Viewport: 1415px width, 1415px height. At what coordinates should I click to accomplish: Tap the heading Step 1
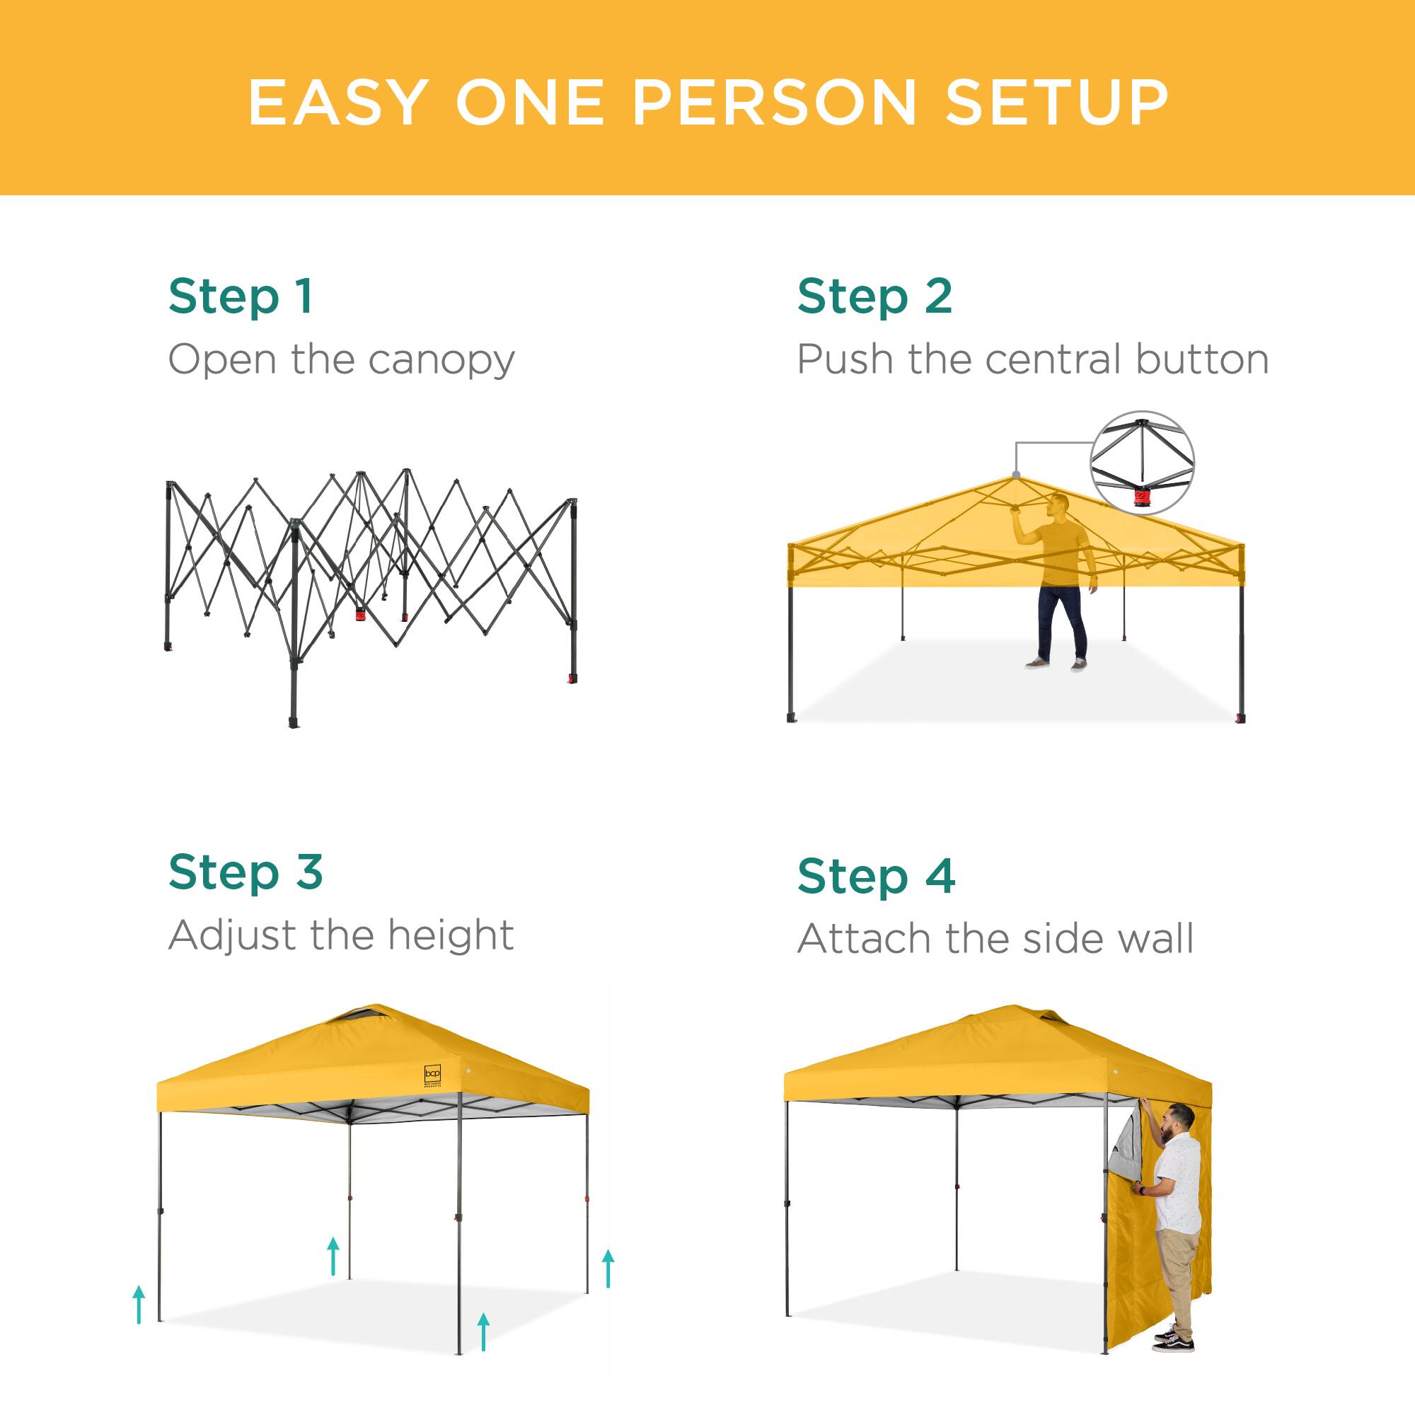coord(241,296)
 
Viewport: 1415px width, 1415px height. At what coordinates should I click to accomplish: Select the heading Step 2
coord(874,296)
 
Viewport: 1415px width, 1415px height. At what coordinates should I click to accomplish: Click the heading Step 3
coord(246,872)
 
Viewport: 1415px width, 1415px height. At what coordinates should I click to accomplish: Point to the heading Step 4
coord(876,876)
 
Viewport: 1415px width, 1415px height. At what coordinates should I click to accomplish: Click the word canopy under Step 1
coord(441,360)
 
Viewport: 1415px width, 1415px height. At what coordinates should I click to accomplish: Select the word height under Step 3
coord(451,935)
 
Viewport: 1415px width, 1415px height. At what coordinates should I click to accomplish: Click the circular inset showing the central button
coord(1142,463)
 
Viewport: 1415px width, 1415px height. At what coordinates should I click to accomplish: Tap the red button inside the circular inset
coord(1143,499)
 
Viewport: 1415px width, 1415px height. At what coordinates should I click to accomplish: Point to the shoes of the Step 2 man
coord(1056,664)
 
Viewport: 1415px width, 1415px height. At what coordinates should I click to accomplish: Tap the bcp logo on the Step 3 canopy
coord(433,1075)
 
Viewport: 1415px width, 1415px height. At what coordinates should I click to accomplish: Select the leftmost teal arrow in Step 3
coord(139,1305)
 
